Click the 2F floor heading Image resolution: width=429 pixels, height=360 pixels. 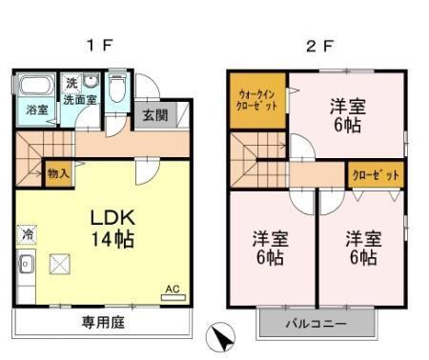coord(318,44)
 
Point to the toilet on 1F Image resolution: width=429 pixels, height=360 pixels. coord(116,90)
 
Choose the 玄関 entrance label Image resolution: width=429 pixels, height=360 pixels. coord(155,114)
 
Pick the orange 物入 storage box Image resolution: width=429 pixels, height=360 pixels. coord(57,173)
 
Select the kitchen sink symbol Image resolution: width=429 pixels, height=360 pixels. coord(26,265)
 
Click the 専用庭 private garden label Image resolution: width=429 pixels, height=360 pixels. coord(101,321)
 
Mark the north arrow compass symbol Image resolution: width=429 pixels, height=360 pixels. coord(219,335)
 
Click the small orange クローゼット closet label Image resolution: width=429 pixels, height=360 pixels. coord(375,174)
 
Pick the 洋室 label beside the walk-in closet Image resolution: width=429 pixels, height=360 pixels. coord(345,113)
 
